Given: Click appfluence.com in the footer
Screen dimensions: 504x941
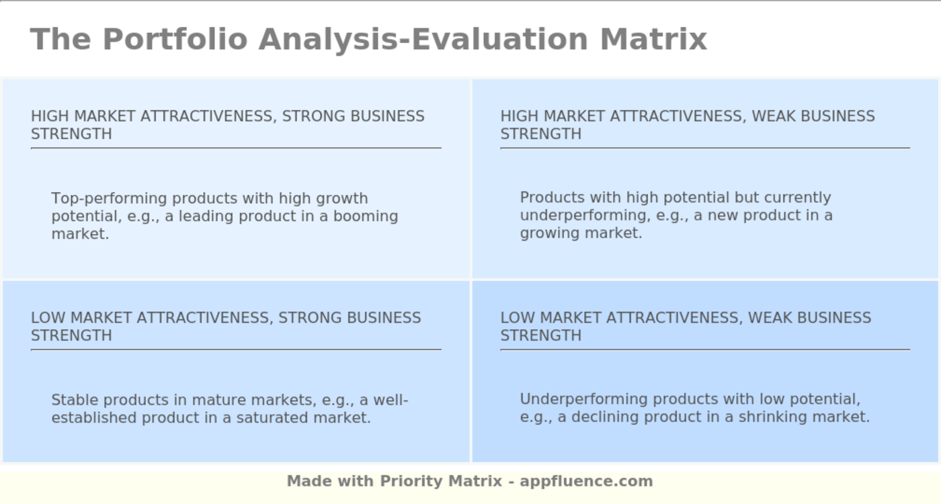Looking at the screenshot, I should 586,481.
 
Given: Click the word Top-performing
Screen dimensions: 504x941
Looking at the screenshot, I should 109,199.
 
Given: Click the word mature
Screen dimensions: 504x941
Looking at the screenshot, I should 216,401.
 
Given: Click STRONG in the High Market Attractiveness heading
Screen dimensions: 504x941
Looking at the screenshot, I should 311,116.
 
